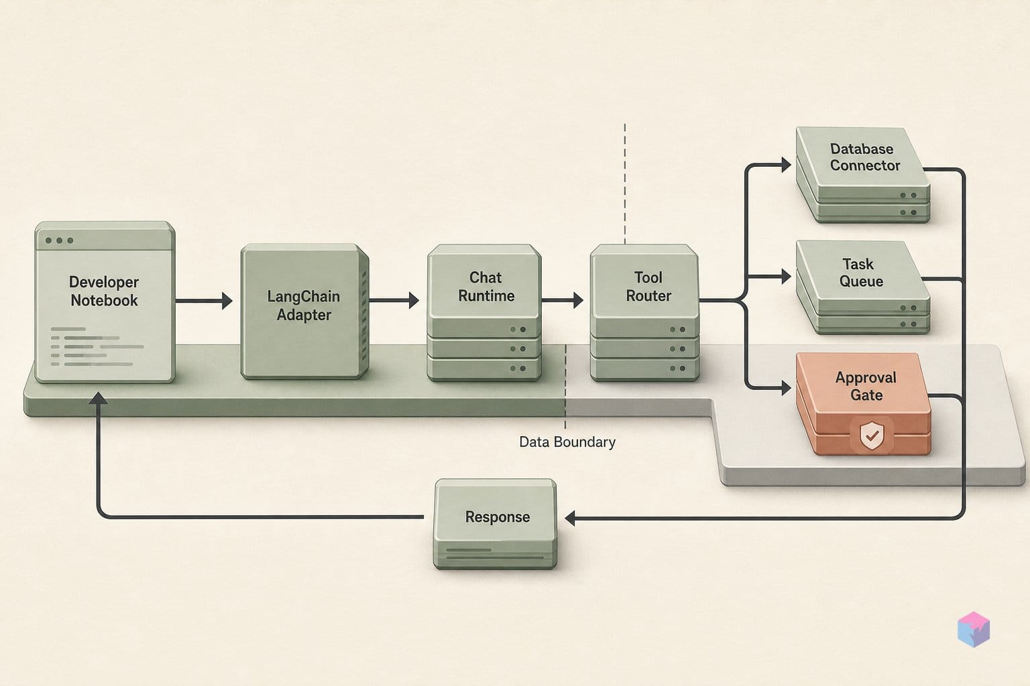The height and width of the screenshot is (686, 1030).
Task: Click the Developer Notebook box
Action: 105,302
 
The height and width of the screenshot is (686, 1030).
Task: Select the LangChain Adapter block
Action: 304,311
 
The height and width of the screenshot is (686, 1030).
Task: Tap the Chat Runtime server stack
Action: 484,312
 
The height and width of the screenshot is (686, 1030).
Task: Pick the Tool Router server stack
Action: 644,312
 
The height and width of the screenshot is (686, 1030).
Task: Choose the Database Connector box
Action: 862,175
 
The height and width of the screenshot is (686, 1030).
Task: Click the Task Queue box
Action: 862,287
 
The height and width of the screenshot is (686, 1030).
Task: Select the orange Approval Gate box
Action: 864,403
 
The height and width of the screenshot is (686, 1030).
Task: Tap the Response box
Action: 496,524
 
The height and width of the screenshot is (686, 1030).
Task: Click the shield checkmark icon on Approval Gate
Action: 872,435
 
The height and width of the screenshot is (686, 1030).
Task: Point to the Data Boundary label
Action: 567,442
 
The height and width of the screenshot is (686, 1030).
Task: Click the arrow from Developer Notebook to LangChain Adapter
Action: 204,301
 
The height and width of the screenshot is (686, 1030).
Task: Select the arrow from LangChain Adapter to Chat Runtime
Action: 394,301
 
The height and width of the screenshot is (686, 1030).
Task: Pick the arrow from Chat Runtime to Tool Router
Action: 563,301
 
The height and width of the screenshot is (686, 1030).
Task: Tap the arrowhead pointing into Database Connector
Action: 786,165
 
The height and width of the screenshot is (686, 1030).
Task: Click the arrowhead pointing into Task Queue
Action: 786,276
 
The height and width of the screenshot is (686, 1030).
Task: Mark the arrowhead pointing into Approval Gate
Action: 786,389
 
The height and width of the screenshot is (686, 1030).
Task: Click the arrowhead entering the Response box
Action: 570,519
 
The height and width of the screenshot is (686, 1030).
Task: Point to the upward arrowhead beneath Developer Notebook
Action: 98,398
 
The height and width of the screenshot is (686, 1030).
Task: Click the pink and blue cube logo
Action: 974,629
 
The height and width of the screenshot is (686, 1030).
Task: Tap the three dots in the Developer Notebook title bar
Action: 59,241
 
